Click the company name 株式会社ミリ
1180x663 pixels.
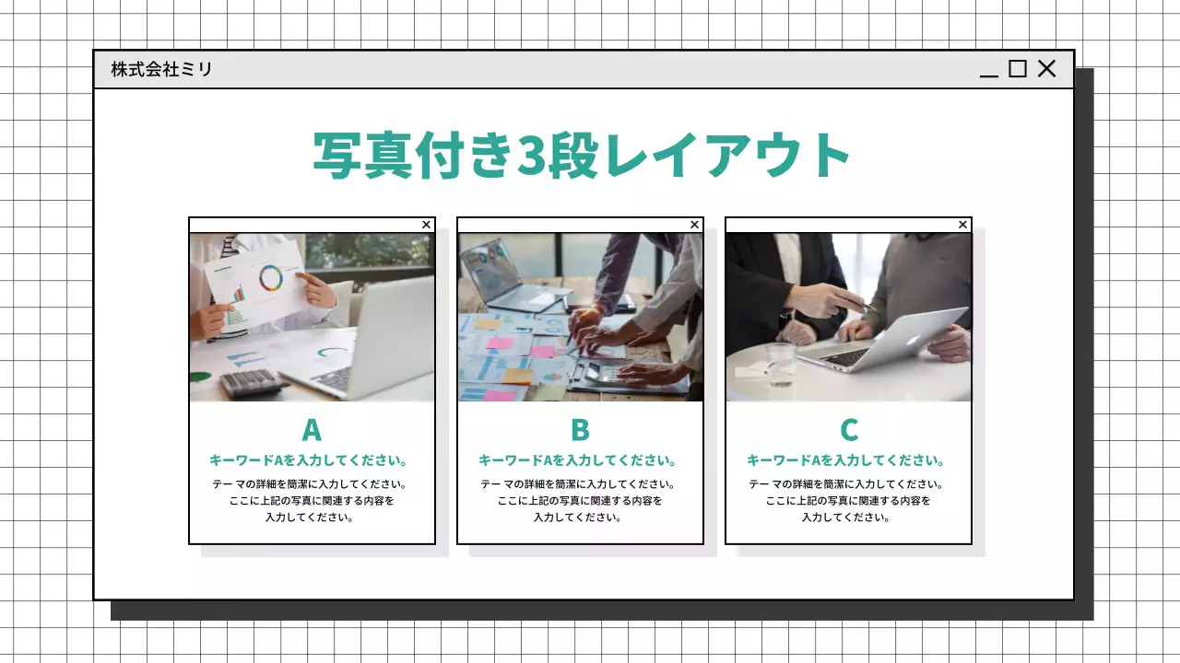click(161, 69)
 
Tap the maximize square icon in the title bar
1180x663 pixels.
click(1018, 69)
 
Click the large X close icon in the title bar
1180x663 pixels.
click(1047, 69)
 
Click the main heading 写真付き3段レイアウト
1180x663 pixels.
click(582, 155)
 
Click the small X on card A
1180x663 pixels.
click(426, 225)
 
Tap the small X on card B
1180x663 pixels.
click(694, 225)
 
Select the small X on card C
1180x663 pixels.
click(962, 225)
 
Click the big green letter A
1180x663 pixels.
click(312, 430)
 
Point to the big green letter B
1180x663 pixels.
click(580, 430)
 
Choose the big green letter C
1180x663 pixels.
click(849, 430)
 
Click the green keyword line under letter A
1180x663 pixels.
click(310, 460)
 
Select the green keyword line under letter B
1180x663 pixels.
click(578, 460)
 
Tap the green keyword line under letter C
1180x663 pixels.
click(846, 460)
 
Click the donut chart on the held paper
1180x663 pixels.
click(271, 277)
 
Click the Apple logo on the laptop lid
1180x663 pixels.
click(913, 337)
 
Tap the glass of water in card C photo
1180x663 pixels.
click(781, 363)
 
